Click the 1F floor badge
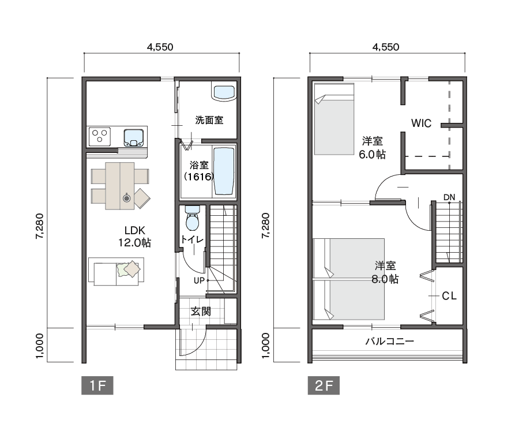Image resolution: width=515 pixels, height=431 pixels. (97, 385)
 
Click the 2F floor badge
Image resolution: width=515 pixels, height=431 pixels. (324, 385)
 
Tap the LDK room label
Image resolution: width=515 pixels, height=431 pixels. (135, 237)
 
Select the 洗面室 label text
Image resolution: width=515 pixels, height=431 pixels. (209, 120)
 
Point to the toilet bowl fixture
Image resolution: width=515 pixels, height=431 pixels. (192, 218)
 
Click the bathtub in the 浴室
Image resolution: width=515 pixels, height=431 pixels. (224, 171)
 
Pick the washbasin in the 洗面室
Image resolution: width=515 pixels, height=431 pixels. (224, 92)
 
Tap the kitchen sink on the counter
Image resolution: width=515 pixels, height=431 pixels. (134, 137)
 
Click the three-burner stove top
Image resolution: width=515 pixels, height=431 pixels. (100, 136)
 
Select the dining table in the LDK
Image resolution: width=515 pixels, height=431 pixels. (120, 186)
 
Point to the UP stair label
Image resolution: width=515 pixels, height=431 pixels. (199, 280)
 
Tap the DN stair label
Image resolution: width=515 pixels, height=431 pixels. (449, 197)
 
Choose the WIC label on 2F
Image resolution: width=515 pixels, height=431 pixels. (421, 123)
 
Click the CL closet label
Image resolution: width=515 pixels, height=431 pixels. (449, 296)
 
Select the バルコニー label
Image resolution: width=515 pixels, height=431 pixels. (389, 342)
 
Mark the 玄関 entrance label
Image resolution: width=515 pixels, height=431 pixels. (201, 311)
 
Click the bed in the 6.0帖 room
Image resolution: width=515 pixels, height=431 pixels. (334, 119)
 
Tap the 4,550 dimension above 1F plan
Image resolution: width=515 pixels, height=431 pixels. (160, 47)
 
